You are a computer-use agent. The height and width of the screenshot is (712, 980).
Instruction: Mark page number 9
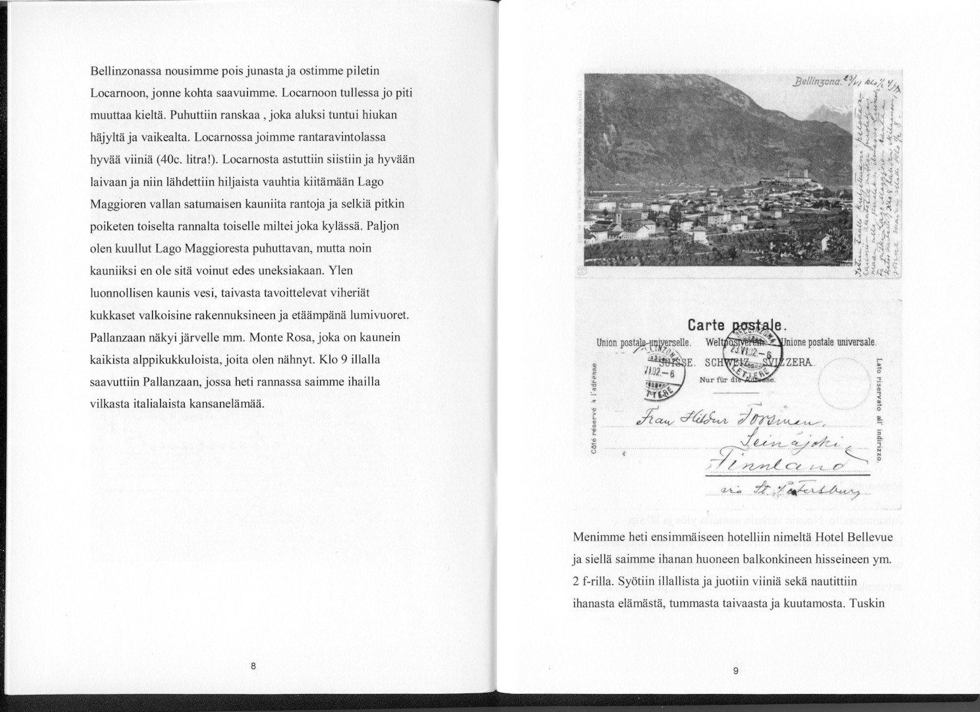(735, 670)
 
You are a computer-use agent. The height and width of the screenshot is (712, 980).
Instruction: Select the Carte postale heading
(735, 325)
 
